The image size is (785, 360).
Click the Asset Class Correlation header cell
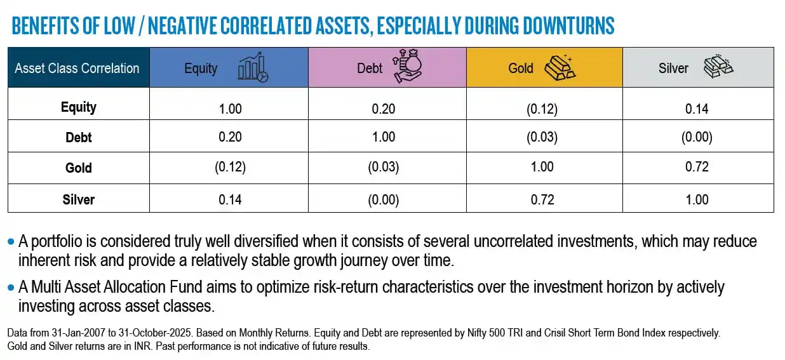click(x=77, y=68)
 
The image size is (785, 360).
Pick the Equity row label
click(x=79, y=107)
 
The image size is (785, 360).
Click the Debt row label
click(x=79, y=137)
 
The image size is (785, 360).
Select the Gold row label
click(x=79, y=168)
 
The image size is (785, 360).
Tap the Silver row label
click(x=79, y=199)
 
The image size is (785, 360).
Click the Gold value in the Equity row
click(x=541, y=109)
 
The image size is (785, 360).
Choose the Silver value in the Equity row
click(x=697, y=109)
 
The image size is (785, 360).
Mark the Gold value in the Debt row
click(x=541, y=137)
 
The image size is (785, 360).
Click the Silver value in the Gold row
click(x=697, y=168)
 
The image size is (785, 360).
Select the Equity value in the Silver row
click(x=230, y=199)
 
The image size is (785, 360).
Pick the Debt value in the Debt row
click(x=384, y=137)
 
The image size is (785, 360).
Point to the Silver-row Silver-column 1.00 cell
click(x=697, y=199)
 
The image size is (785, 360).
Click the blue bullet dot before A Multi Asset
click(x=10, y=288)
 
